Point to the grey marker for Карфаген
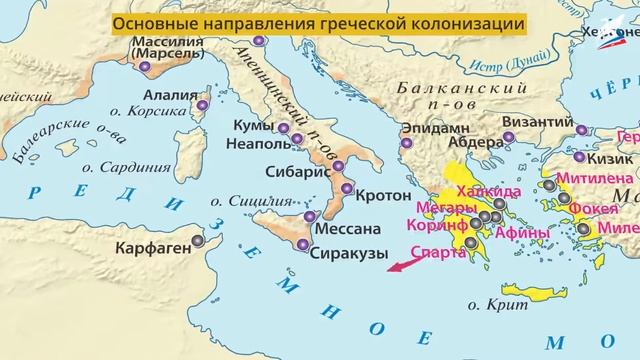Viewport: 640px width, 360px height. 198,241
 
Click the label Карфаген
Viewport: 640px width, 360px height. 151,241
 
